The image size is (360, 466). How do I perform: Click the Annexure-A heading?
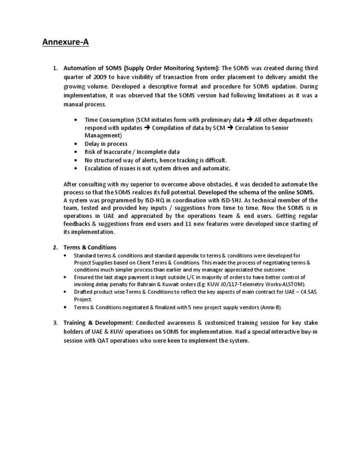(66, 43)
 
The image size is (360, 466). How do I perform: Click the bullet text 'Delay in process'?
(106, 144)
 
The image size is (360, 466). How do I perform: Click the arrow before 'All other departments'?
(249, 120)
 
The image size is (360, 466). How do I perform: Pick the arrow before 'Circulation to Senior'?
(230, 128)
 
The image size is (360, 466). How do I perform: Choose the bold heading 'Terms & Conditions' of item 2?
(90, 247)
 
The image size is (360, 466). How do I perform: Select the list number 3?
(55, 323)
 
